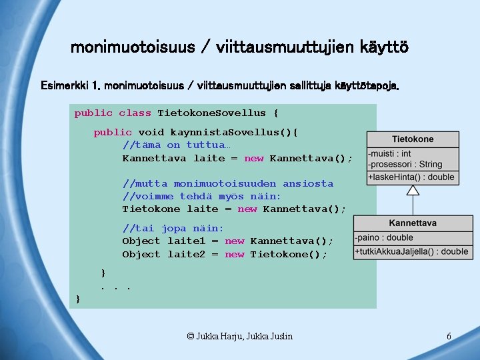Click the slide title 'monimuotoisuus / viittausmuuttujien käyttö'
239,48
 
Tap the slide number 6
449,337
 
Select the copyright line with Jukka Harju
239,337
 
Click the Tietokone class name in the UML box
412,139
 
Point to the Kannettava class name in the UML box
413,223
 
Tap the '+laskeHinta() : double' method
411,177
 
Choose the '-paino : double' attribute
384,237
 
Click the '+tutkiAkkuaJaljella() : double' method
412,251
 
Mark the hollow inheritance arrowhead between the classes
413,190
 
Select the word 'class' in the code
135,113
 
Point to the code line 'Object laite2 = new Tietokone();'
225,254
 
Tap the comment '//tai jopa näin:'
173,228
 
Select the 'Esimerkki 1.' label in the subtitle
70,86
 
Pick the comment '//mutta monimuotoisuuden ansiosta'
227,183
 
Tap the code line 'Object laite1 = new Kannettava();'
227,241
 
